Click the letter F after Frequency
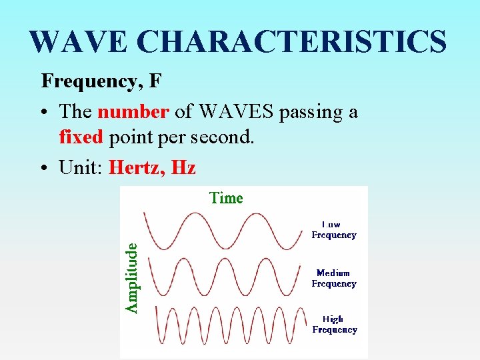point(155,81)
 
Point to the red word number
point(133,111)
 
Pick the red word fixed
point(81,137)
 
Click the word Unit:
point(81,167)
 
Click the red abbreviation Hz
point(183,167)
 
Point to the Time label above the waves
point(226,198)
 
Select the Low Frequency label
point(334,230)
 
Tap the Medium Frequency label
point(334,278)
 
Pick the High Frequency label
point(334,324)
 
